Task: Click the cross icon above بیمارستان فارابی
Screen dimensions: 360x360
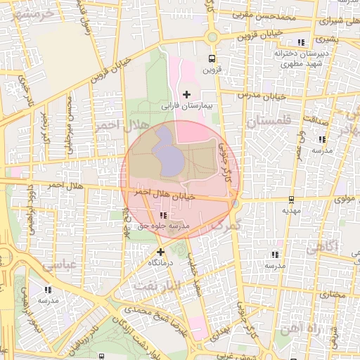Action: (x=186, y=94)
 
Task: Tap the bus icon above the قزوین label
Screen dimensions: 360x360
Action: (x=212, y=59)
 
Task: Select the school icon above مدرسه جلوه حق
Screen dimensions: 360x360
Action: (x=164, y=215)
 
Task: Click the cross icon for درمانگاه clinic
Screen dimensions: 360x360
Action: (x=161, y=251)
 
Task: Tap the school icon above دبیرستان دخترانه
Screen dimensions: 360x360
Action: (x=302, y=42)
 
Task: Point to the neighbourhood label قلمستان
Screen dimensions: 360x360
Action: (x=265, y=122)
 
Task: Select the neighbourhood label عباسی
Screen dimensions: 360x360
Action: (x=58, y=266)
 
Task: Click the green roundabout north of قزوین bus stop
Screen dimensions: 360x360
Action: (x=212, y=37)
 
